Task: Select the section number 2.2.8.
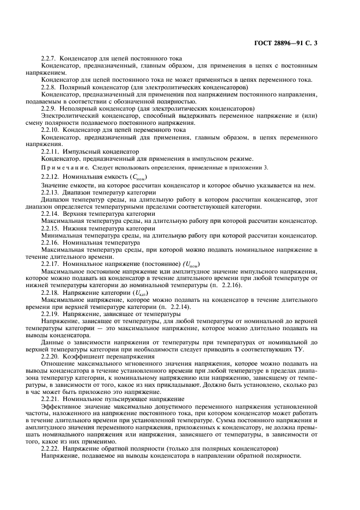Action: [x=50, y=87]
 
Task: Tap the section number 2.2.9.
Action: [x=50, y=108]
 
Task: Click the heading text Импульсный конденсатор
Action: [x=93, y=151]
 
